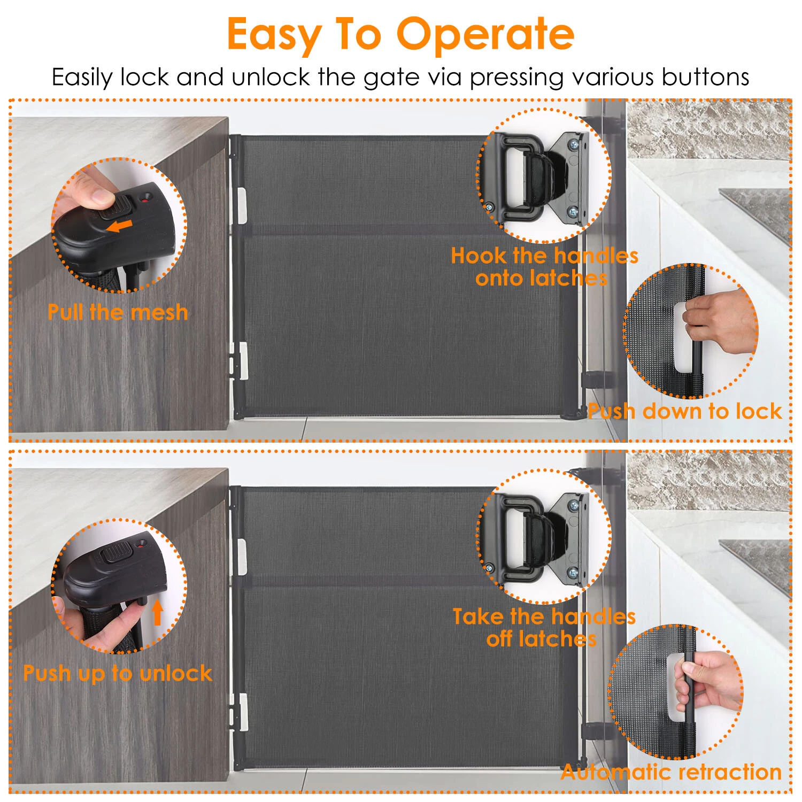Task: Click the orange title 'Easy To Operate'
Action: [x=400, y=34]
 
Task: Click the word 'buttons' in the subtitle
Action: [x=705, y=77]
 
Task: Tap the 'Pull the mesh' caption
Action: [x=118, y=312]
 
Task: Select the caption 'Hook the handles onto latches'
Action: [x=544, y=267]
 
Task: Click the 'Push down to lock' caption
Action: [x=685, y=411]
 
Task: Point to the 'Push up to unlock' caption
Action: [x=118, y=674]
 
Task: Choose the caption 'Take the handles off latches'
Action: [x=544, y=628]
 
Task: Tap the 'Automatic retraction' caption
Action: [x=672, y=772]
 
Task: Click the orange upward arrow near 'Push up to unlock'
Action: [x=157, y=612]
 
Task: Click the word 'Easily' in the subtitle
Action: [x=82, y=78]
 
